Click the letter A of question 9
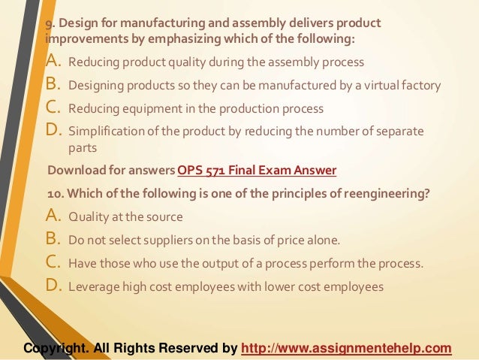(54, 61)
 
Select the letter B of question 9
(54, 84)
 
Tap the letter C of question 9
(54, 107)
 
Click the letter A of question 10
(54, 217)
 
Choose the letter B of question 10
(54, 241)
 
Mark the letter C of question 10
(54, 264)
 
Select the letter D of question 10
(54, 286)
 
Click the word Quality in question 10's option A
(86, 218)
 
